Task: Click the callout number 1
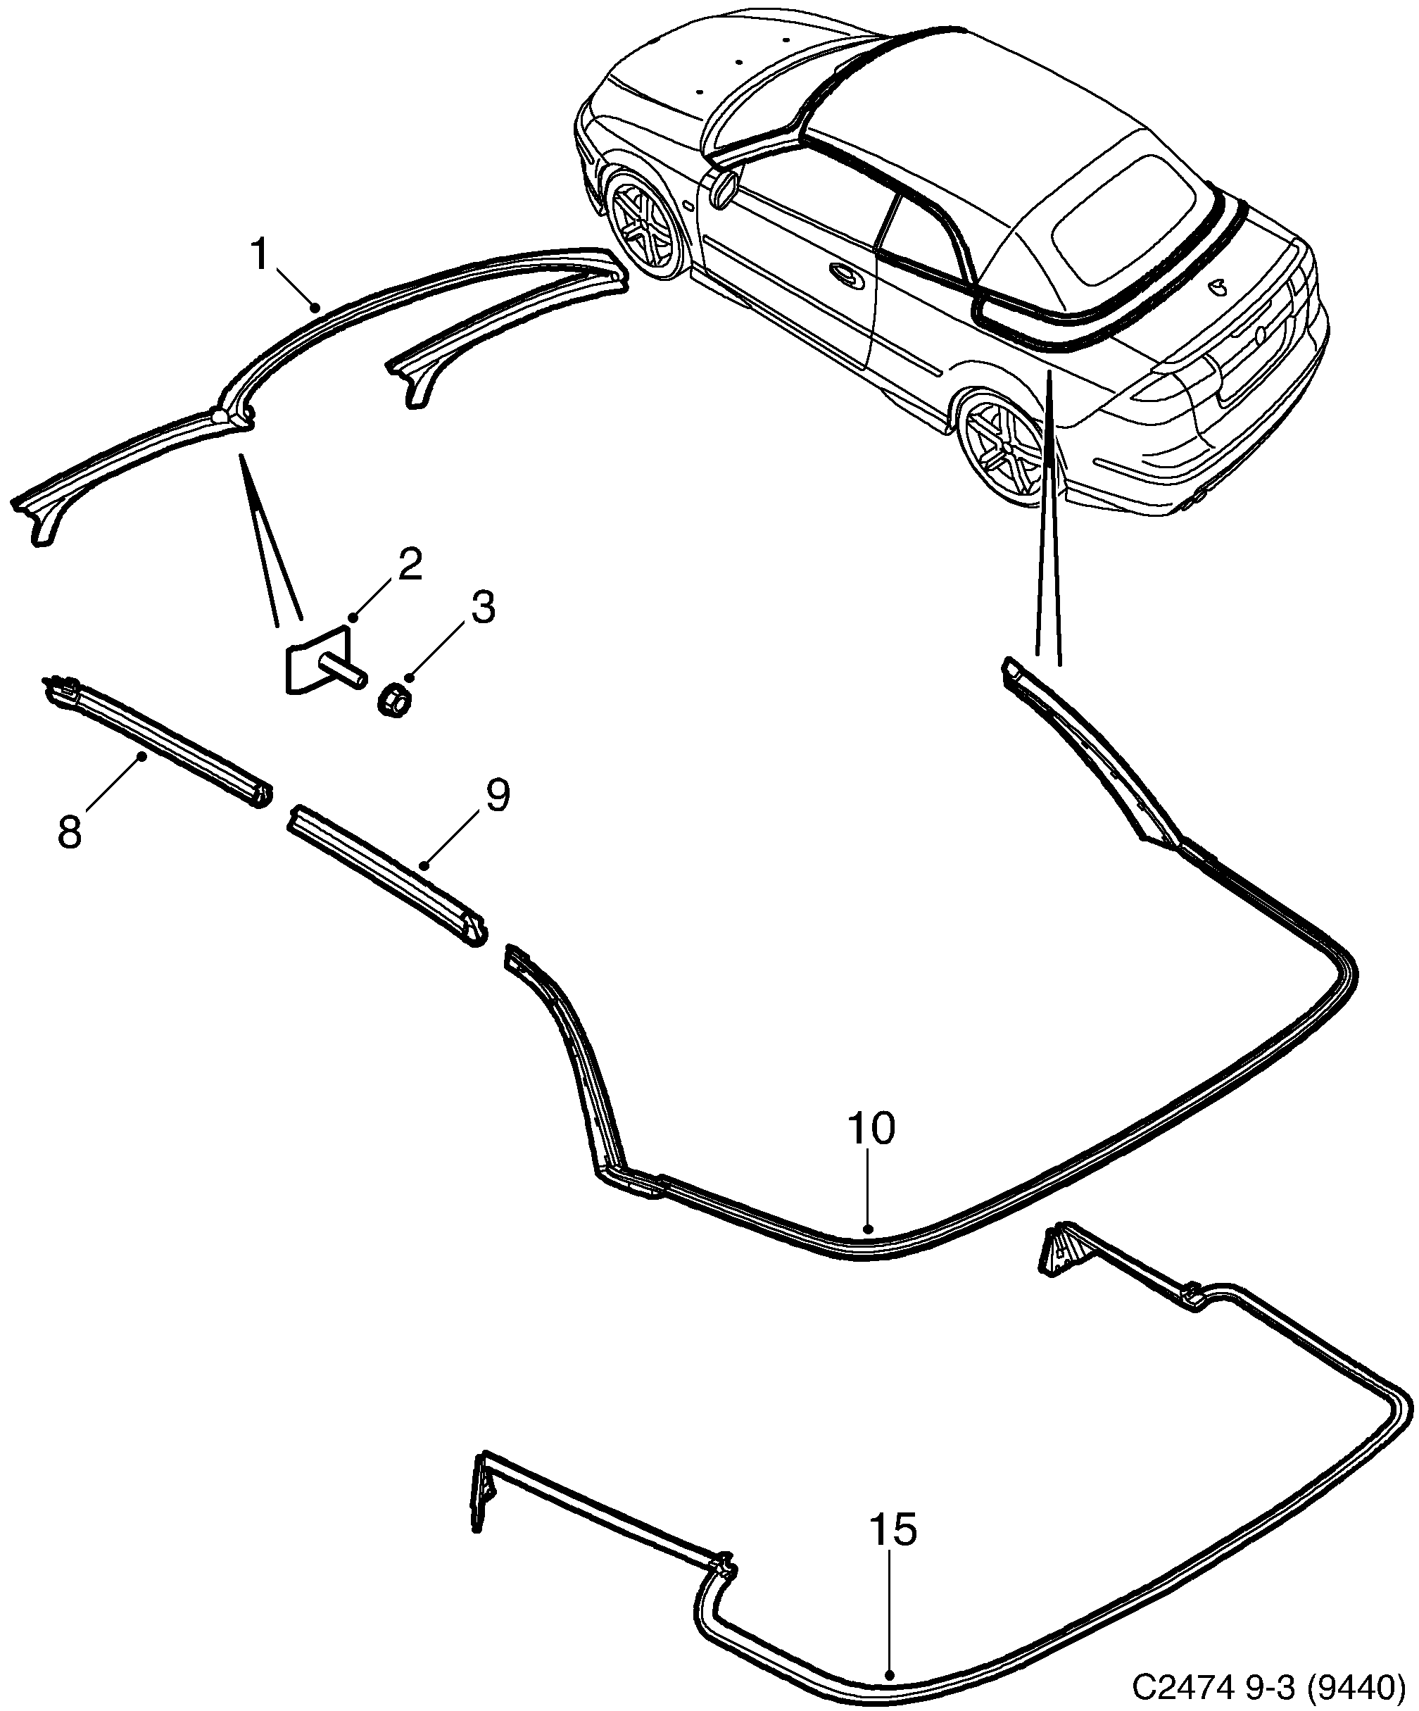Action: click(260, 255)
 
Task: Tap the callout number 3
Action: click(482, 608)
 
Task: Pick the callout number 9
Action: click(497, 795)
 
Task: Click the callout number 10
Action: click(871, 1129)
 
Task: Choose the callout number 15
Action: click(893, 1529)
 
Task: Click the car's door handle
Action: click(847, 275)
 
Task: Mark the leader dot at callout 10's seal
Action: click(869, 1251)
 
